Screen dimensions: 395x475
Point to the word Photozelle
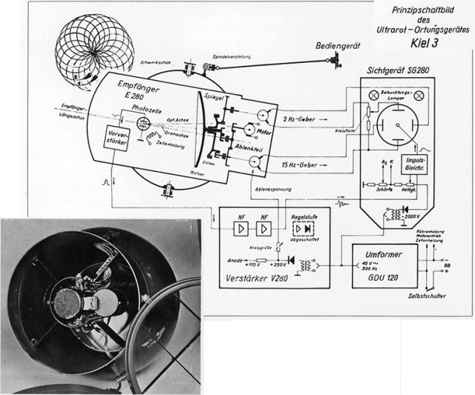tap(146, 106)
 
